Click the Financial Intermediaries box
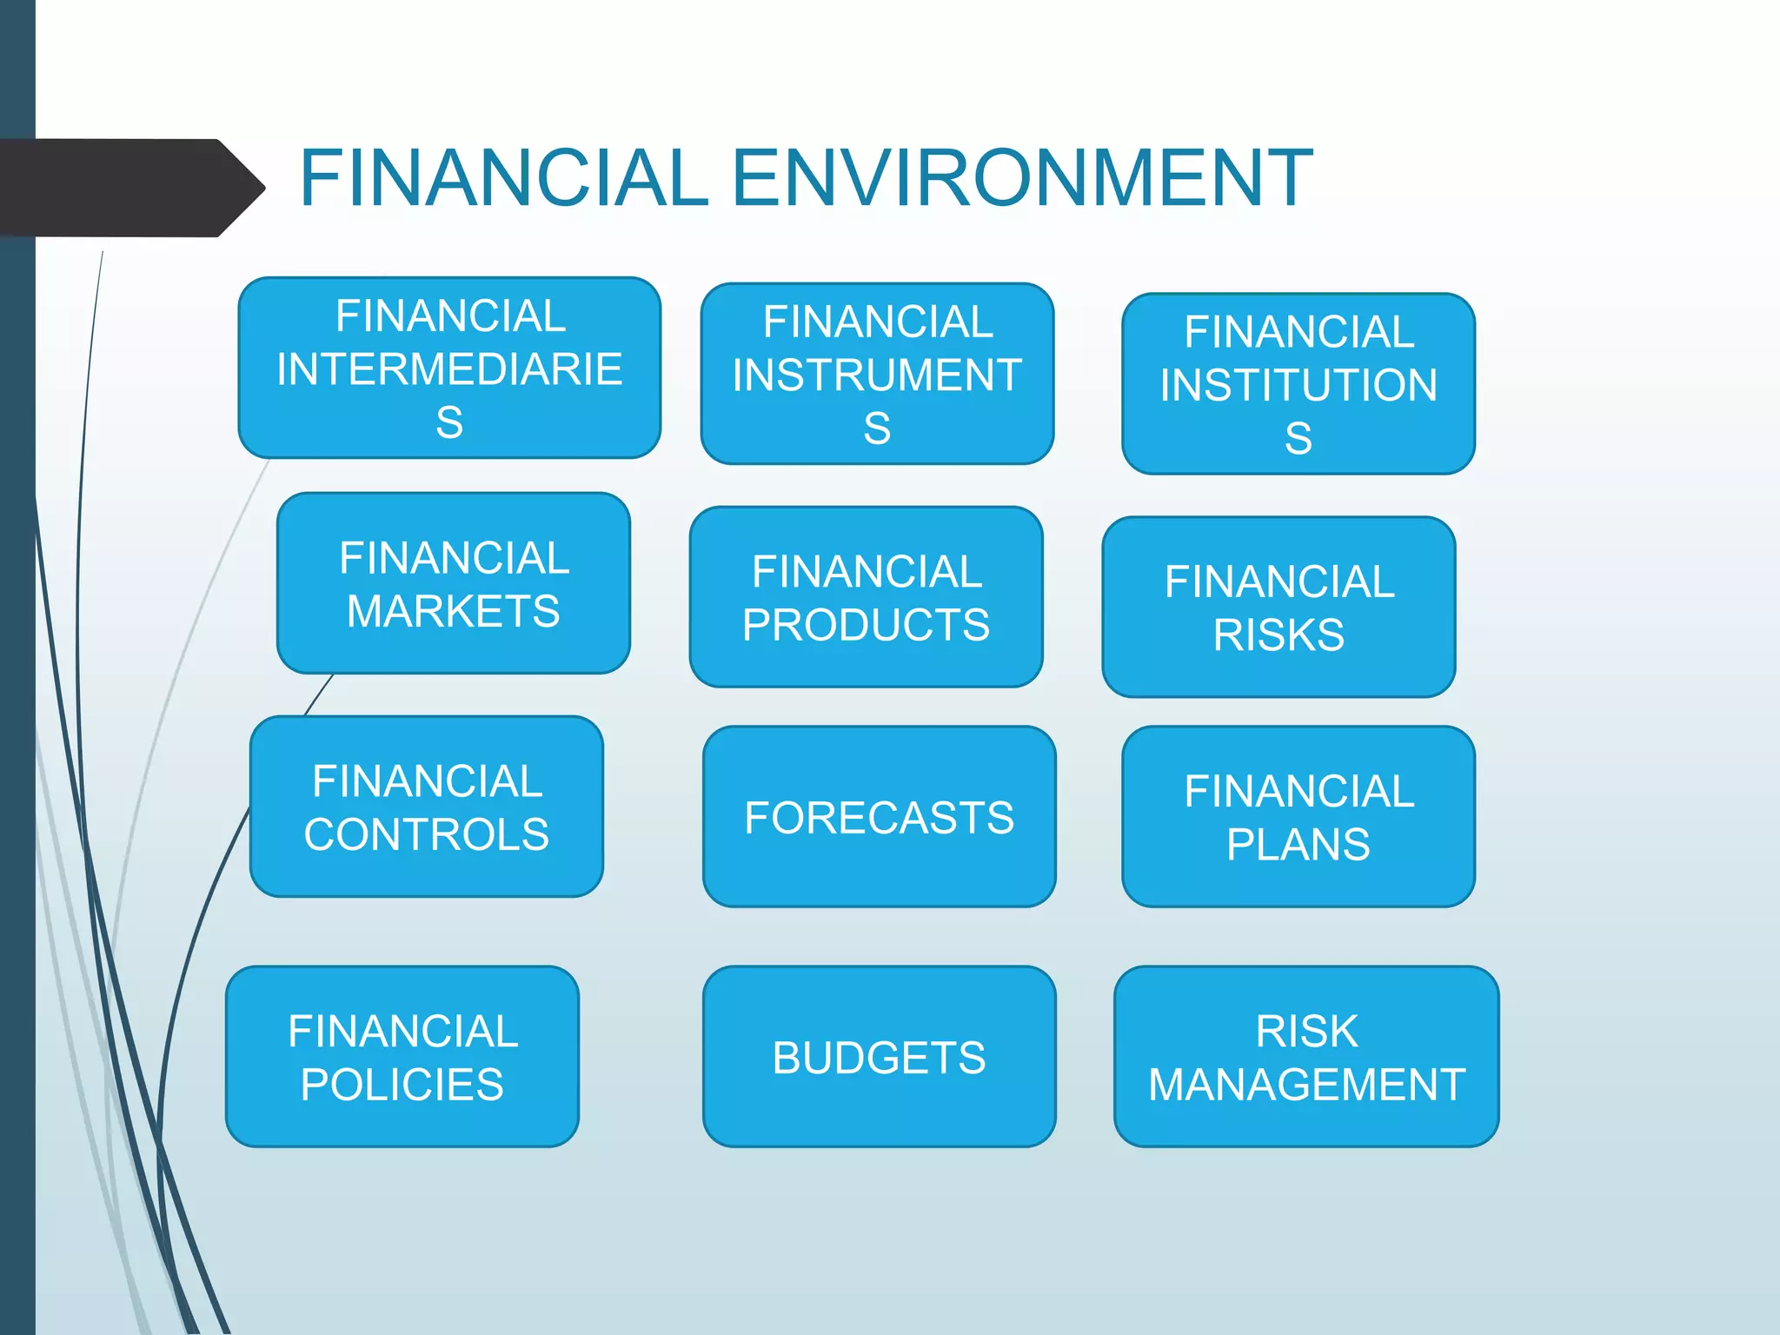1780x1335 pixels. (449, 368)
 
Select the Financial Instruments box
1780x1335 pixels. (877, 374)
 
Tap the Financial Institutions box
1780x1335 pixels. (1298, 383)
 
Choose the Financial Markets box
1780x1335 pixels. (454, 583)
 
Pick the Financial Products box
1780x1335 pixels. (866, 597)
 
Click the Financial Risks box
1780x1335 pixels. (1279, 607)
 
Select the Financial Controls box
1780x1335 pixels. (427, 807)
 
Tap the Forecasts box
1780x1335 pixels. (879, 817)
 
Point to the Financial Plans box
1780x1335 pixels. (1298, 817)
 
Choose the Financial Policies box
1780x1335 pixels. (402, 1057)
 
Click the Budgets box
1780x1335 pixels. (879, 1057)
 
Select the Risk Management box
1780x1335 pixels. (1306, 1057)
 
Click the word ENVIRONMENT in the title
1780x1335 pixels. (1022, 178)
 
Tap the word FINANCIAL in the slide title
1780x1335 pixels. (504, 178)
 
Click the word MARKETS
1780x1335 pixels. (454, 611)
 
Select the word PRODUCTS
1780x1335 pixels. (866, 625)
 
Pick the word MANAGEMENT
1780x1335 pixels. (1306, 1085)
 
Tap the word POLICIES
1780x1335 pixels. (402, 1085)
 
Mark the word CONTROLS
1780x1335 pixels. (427, 834)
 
